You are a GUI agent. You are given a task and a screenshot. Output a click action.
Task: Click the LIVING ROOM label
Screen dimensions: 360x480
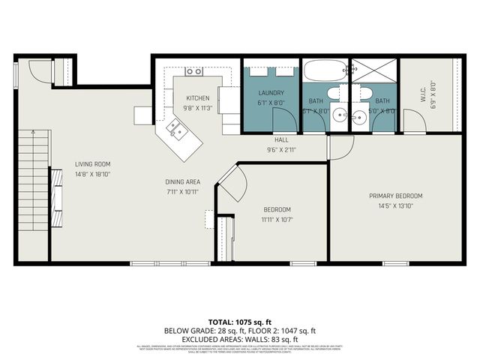point(93,164)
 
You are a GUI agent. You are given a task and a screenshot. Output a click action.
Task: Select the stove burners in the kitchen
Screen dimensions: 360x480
point(194,71)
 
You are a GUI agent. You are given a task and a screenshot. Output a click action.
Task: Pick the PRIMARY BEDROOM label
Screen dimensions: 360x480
point(396,196)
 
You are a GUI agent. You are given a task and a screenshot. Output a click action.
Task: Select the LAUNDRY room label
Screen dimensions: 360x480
point(271,93)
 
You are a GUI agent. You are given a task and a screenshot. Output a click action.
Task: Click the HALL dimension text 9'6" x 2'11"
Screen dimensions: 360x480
point(281,149)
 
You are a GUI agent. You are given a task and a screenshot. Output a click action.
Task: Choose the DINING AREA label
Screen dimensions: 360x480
point(182,182)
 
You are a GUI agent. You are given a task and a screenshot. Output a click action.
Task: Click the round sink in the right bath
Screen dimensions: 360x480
point(360,116)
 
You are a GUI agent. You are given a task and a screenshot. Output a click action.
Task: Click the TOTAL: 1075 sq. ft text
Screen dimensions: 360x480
point(240,320)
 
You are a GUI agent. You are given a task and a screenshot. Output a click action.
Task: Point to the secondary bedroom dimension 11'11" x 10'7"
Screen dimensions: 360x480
point(277,220)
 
